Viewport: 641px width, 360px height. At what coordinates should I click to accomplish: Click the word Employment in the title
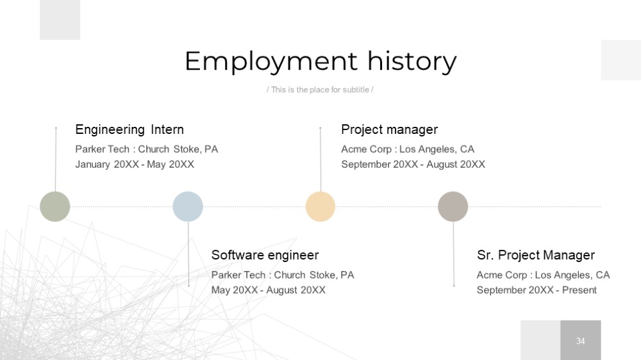pyautogui.click(x=271, y=61)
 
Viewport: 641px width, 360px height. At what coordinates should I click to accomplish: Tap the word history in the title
pyautogui.click(x=412, y=61)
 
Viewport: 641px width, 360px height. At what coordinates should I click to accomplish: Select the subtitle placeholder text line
pyautogui.click(x=320, y=90)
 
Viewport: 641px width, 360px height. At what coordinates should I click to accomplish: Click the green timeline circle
pyautogui.click(x=54, y=206)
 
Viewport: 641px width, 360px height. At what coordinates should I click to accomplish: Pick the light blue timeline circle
pyautogui.click(x=188, y=206)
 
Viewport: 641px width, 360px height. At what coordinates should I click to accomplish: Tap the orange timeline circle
pyautogui.click(x=320, y=206)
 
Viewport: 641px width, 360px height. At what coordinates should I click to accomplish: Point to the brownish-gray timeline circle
pyautogui.click(x=453, y=206)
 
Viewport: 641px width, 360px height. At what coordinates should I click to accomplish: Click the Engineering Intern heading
pyautogui.click(x=129, y=129)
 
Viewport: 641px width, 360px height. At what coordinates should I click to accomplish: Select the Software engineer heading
pyautogui.click(x=265, y=255)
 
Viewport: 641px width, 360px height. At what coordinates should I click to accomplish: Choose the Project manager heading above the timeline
pyautogui.click(x=390, y=129)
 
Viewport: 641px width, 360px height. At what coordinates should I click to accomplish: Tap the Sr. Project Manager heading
pyautogui.click(x=536, y=255)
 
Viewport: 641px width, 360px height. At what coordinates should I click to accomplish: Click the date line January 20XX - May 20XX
pyautogui.click(x=135, y=164)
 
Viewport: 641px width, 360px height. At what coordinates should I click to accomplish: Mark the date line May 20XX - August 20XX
pyautogui.click(x=268, y=290)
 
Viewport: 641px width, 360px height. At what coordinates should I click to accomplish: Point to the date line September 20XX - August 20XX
pyautogui.click(x=413, y=164)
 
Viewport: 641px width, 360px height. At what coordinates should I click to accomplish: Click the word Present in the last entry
pyautogui.click(x=579, y=290)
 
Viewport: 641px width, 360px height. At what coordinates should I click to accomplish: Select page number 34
pyautogui.click(x=581, y=341)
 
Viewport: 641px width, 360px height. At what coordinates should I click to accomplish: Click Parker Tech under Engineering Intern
pyautogui.click(x=102, y=149)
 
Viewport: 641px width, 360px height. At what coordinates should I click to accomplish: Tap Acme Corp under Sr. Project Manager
pyautogui.click(x=502, y=275)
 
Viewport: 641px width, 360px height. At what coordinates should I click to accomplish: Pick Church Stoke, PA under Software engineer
pyautogui.click(x=314, y=275)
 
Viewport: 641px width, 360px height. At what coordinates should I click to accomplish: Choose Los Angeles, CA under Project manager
pyautogui.click(x=437, y=149)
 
